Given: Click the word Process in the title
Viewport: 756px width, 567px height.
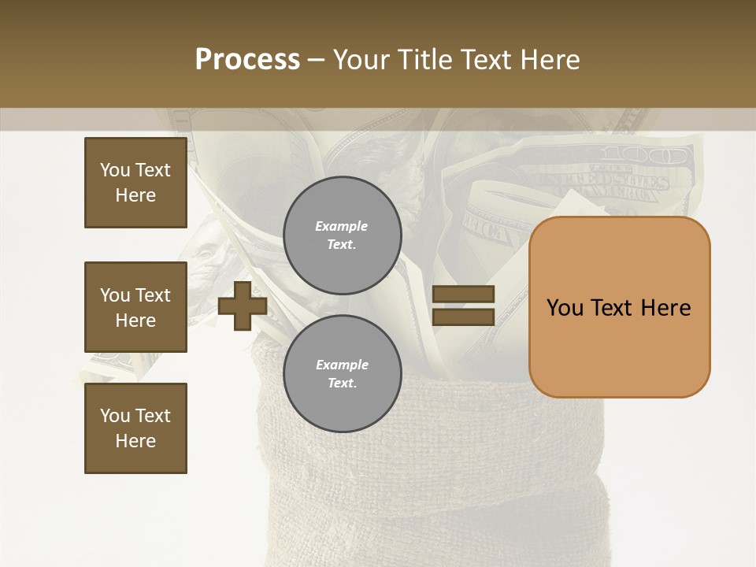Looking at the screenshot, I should [x=247, y=60].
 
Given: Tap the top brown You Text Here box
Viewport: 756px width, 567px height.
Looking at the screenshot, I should [x=135, y=183].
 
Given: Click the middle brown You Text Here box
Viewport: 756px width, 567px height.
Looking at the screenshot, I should [x=135, y=307].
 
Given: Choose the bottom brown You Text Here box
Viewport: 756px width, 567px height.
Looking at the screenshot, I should [x=135, y=428].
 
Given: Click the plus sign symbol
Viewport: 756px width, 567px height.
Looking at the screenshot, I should [x=242, y=306].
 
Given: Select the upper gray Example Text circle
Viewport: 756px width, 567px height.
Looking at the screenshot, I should [x=342, y=235].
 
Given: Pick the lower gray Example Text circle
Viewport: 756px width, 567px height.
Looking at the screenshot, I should [x=342, y=373].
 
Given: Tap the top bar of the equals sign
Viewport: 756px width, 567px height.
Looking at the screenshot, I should [x=463, y=295].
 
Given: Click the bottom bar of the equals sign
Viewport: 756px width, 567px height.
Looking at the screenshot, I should [x=463, y=317].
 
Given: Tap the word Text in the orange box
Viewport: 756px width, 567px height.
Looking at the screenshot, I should [x=612, y=308].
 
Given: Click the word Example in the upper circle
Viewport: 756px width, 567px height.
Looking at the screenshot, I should [x=341, y=226].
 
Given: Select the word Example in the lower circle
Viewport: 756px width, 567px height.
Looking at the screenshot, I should [x=342, y=365].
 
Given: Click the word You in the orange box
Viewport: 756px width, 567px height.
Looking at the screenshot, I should [x=565, y=308].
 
